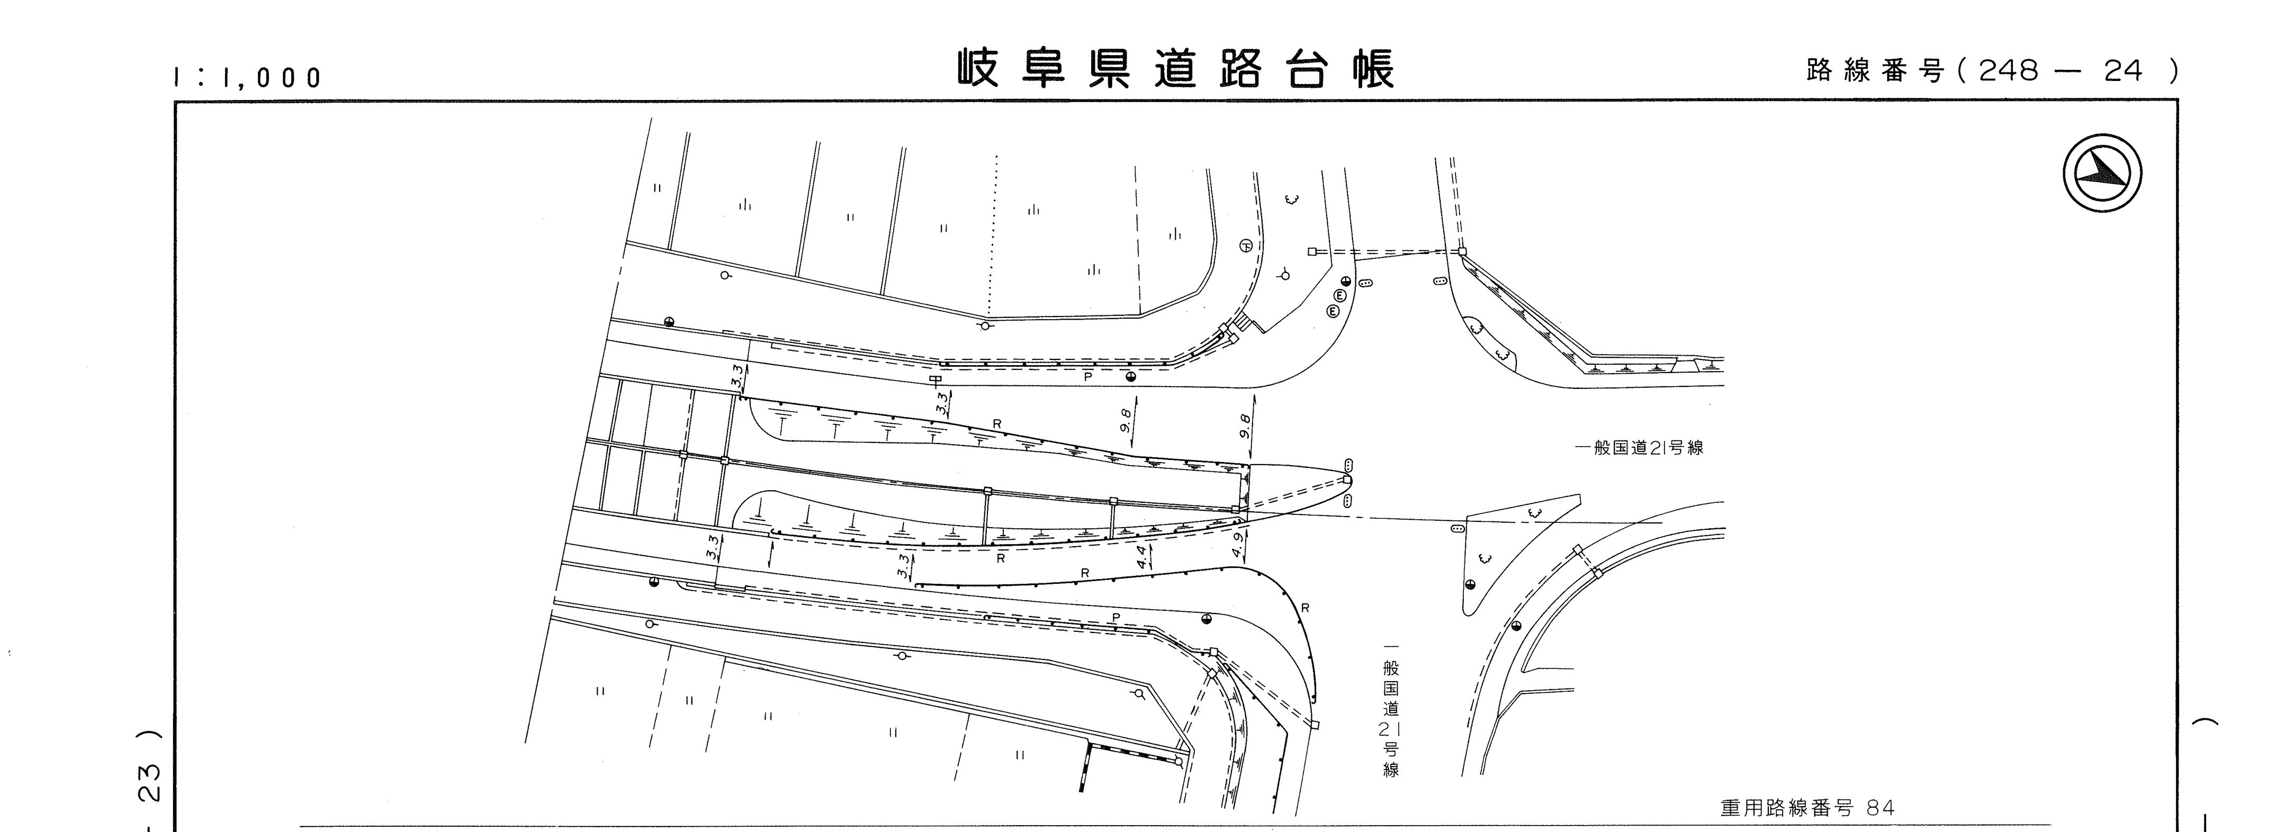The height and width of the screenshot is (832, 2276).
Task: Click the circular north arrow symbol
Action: (x=2103, y=177)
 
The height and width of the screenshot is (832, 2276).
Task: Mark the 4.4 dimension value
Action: (x=1141, y=556)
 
